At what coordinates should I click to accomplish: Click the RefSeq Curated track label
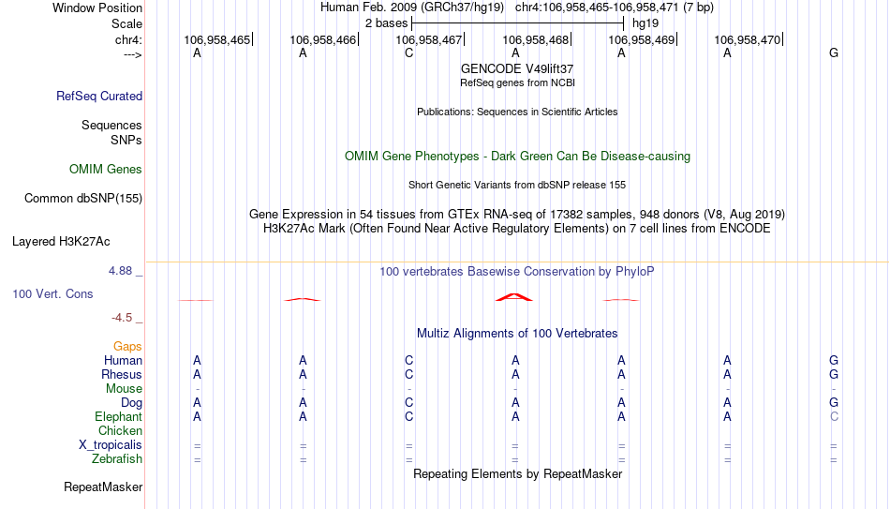[x=99, y=96]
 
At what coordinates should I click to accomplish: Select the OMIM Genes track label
[x=106, y=170]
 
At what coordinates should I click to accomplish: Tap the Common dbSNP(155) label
[x=83, y=199]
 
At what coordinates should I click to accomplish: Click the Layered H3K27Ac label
[x=61, y=242]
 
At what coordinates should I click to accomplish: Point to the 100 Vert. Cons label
[x=52, y=293]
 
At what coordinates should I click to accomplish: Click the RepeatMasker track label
[x=103, y=487]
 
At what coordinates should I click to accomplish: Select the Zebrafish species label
[x=117, y=458]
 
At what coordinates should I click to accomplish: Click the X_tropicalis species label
[x=111, y=445]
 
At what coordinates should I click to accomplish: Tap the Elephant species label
[x=119, y=416]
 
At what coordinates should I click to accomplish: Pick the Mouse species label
[x=124, y=389]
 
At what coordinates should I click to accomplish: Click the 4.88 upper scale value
[x=120, y=270]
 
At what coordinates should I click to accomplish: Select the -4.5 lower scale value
[x=122, y=318]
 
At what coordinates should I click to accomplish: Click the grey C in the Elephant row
[x=834, y=416]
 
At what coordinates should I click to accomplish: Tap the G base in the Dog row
[x=834, y=402]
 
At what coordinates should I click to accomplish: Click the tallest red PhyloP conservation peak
[x=514, y=296]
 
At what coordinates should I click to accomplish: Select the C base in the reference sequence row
[x=408, y=52]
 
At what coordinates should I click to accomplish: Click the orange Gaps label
[x=127, y=346]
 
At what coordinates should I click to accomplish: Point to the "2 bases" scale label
[x=387, y=23]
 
